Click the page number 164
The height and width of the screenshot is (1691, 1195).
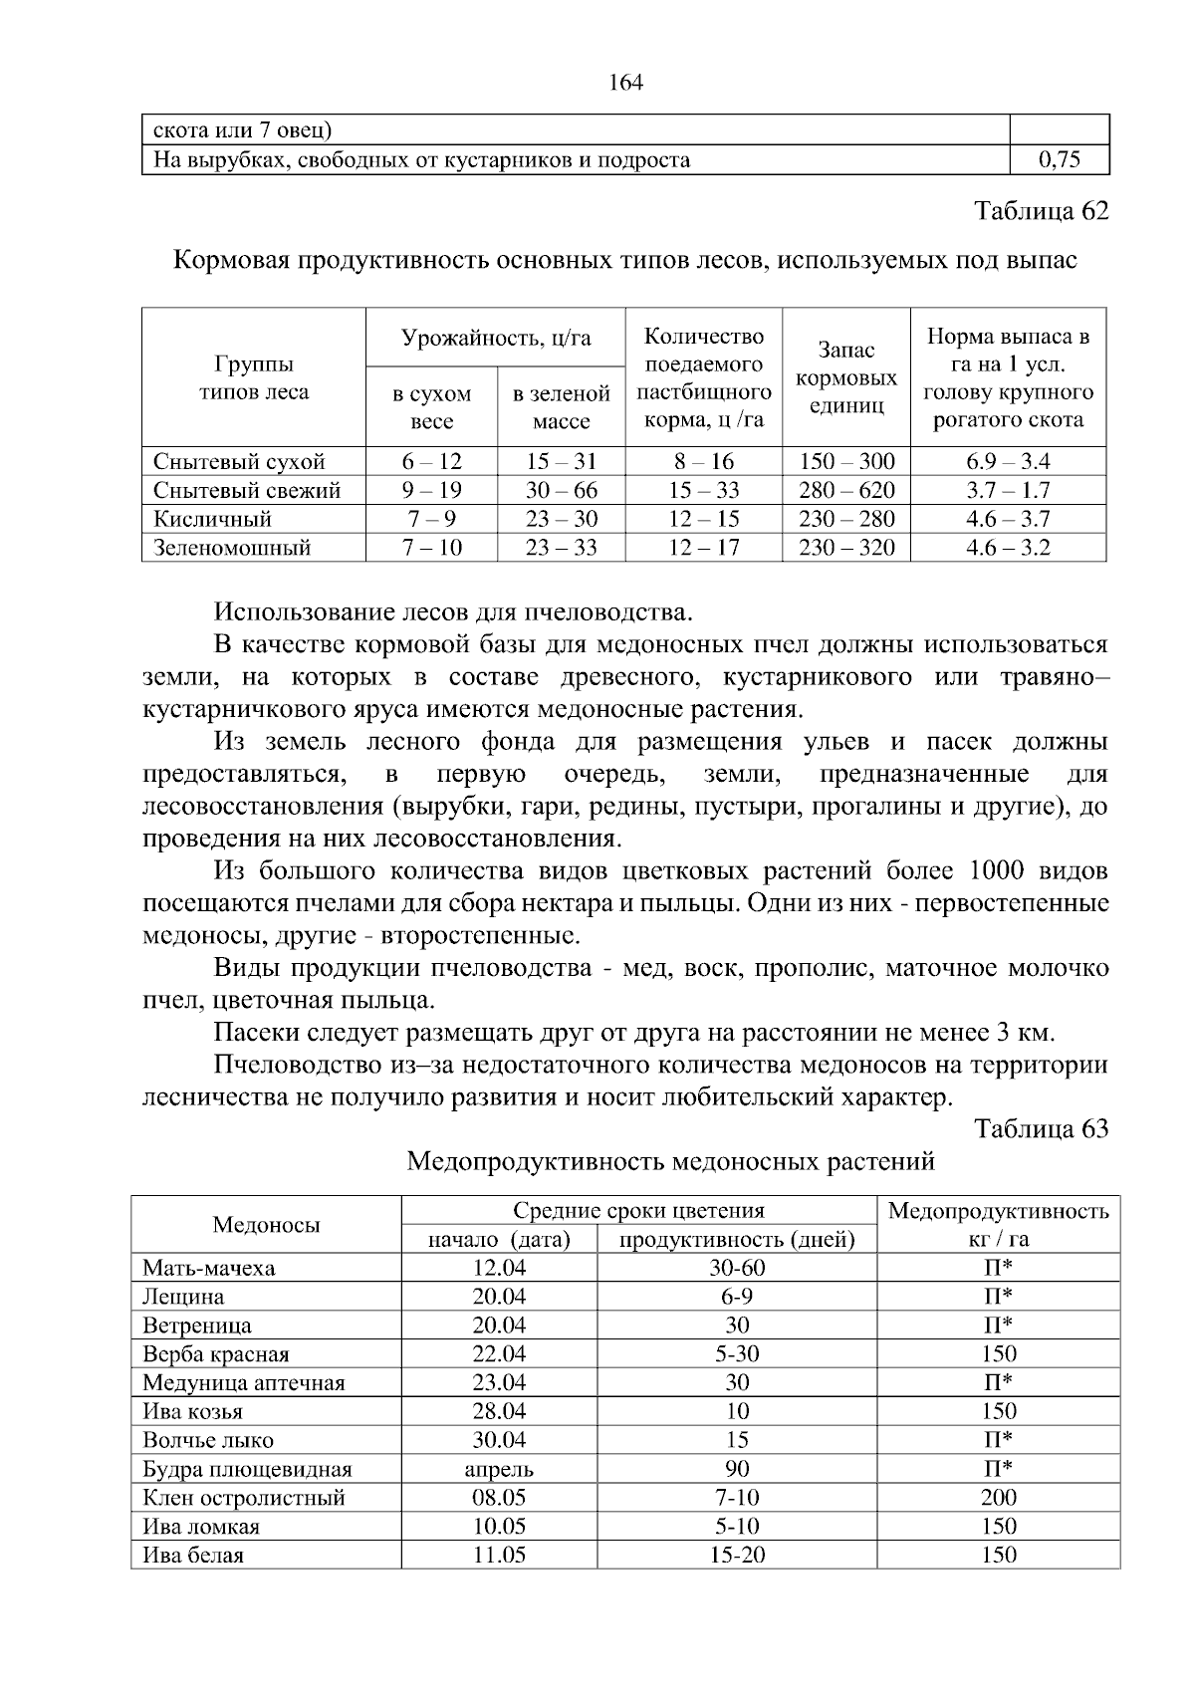click(x=626, y=83)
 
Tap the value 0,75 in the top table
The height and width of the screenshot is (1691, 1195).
click(x=1060, y=160)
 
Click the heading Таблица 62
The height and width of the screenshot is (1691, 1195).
click(x=1041, y=212)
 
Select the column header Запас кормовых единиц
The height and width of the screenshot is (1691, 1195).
click(x=846, y=378)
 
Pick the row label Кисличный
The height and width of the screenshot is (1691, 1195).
click(x=212, y=519)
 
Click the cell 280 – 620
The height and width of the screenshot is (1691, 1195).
click(x=846, y=490)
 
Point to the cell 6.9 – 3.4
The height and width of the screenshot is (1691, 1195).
click(x=1008, y=461)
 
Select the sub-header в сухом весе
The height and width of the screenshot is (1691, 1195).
click(x=431, y=407)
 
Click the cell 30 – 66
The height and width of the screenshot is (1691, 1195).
click(x=561, y=490)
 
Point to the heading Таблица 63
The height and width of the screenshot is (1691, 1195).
click(x=1041, y=1128)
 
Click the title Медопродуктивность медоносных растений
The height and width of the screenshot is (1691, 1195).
click(x=671, y=1161)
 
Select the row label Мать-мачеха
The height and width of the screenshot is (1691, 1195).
click(x=209, y=1268)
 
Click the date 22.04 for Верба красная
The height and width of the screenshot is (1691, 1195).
click(x=499, y=1354)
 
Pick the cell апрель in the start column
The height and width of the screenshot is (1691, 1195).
click(x=499, y=1469)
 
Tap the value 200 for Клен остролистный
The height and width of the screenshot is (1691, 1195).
click(x=998, y=1498)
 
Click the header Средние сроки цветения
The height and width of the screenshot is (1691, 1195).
click(x=638, y=1211)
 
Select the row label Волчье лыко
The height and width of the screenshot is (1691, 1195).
click(x=208, y=1440)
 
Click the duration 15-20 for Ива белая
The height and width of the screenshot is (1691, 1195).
click(x=737, y=1556)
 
